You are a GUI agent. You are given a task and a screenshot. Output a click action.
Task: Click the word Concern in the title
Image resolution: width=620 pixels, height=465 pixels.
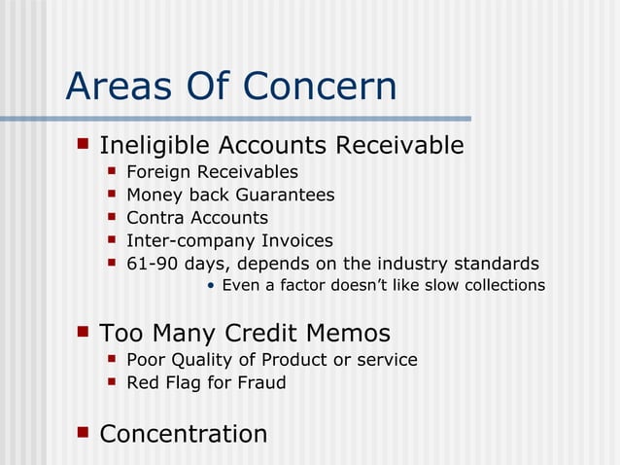pos(320,87)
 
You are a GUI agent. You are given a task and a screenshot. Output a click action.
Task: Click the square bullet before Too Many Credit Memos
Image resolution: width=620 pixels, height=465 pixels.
pos(83,332)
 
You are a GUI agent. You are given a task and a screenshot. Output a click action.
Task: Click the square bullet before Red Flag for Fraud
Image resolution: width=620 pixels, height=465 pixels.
pos(112,381)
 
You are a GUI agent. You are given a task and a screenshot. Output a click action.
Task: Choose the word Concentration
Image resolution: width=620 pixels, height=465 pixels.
pos(183,433)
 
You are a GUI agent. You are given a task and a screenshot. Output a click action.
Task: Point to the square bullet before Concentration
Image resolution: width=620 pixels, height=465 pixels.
pos(83,431)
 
